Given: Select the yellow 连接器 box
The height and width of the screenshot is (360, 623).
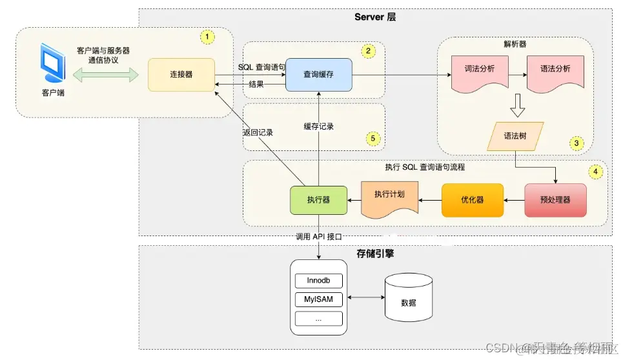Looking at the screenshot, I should (181, 74).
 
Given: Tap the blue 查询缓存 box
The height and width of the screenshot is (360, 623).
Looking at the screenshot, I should (318, 74).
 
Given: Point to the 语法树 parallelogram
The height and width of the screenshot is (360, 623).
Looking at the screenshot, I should (515, 137).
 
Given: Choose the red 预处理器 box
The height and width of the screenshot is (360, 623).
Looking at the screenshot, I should (555, 200).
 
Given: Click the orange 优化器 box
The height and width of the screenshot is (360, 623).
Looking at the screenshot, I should (472, 200).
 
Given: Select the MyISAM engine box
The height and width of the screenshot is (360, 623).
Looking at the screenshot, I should (318, 300).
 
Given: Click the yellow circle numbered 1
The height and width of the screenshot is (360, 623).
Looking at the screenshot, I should (207, 37).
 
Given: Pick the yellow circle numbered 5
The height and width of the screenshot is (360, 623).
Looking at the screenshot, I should (371, 137).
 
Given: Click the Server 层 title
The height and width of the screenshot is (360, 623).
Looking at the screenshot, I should (375, 17).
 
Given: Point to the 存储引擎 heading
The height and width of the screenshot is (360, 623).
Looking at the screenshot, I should (375, 254).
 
